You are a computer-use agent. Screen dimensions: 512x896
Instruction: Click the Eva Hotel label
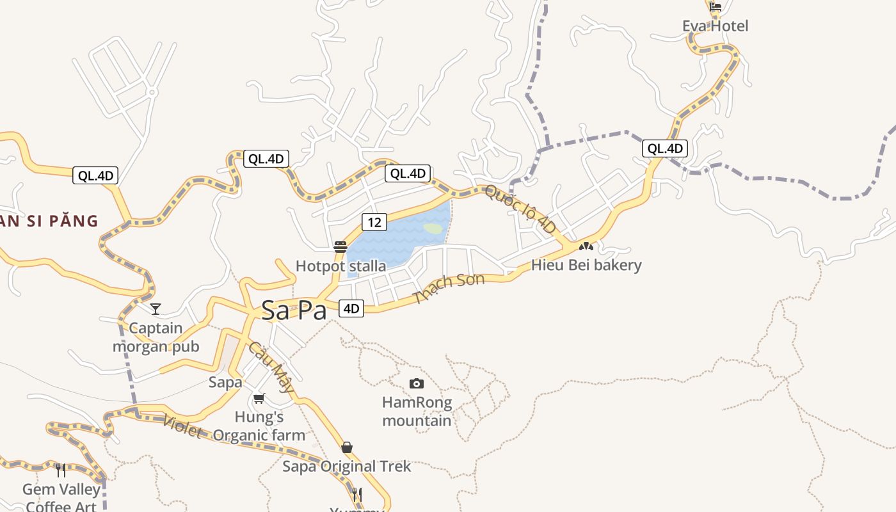coord(715,26)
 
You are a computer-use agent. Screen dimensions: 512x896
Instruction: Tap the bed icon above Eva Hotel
coord(716,7)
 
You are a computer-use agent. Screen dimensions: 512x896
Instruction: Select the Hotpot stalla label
coord(340,266)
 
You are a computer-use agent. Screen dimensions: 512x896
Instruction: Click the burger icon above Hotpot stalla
coord(340,247)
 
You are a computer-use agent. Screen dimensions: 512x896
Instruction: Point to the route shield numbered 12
coord(374,222)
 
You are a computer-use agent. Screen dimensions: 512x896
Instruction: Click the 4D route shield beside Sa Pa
coord(351,308)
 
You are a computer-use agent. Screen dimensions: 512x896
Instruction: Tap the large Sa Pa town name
coord(294,311)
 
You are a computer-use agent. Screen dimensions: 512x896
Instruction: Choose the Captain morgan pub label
coord(156,337)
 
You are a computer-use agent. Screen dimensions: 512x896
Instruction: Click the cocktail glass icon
coord(156,309)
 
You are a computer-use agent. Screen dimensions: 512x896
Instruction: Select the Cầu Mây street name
coord(271,367)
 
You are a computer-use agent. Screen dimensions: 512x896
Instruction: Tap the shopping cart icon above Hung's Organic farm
coord(259,398)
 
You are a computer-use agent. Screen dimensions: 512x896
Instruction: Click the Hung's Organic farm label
coord(259,426)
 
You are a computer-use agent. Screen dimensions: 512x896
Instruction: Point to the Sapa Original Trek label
coord(347,466)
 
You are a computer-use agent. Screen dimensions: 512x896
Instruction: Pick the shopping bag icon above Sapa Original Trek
coord(347,447)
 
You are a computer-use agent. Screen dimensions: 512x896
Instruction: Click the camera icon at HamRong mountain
coord(417,383)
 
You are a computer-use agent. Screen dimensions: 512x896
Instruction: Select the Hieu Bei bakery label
coord(586,265)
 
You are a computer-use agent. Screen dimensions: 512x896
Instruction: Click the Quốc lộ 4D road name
coord(520,209)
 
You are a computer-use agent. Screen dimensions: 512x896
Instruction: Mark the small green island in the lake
coord(433,228)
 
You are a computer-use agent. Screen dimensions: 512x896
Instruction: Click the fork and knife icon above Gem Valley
coord(61,470)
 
